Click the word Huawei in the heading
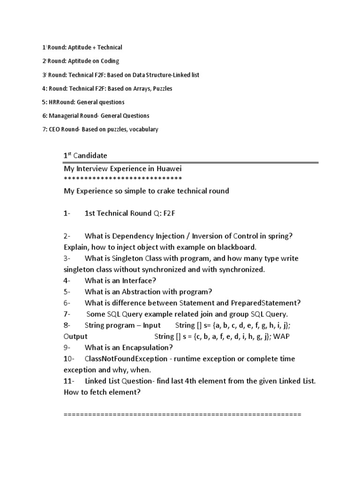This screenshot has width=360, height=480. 169,169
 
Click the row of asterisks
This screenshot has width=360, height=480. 122,179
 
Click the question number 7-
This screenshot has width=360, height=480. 67,314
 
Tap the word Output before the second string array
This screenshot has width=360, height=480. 75,337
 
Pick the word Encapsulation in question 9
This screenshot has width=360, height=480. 147,348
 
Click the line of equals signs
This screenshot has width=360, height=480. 182,415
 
